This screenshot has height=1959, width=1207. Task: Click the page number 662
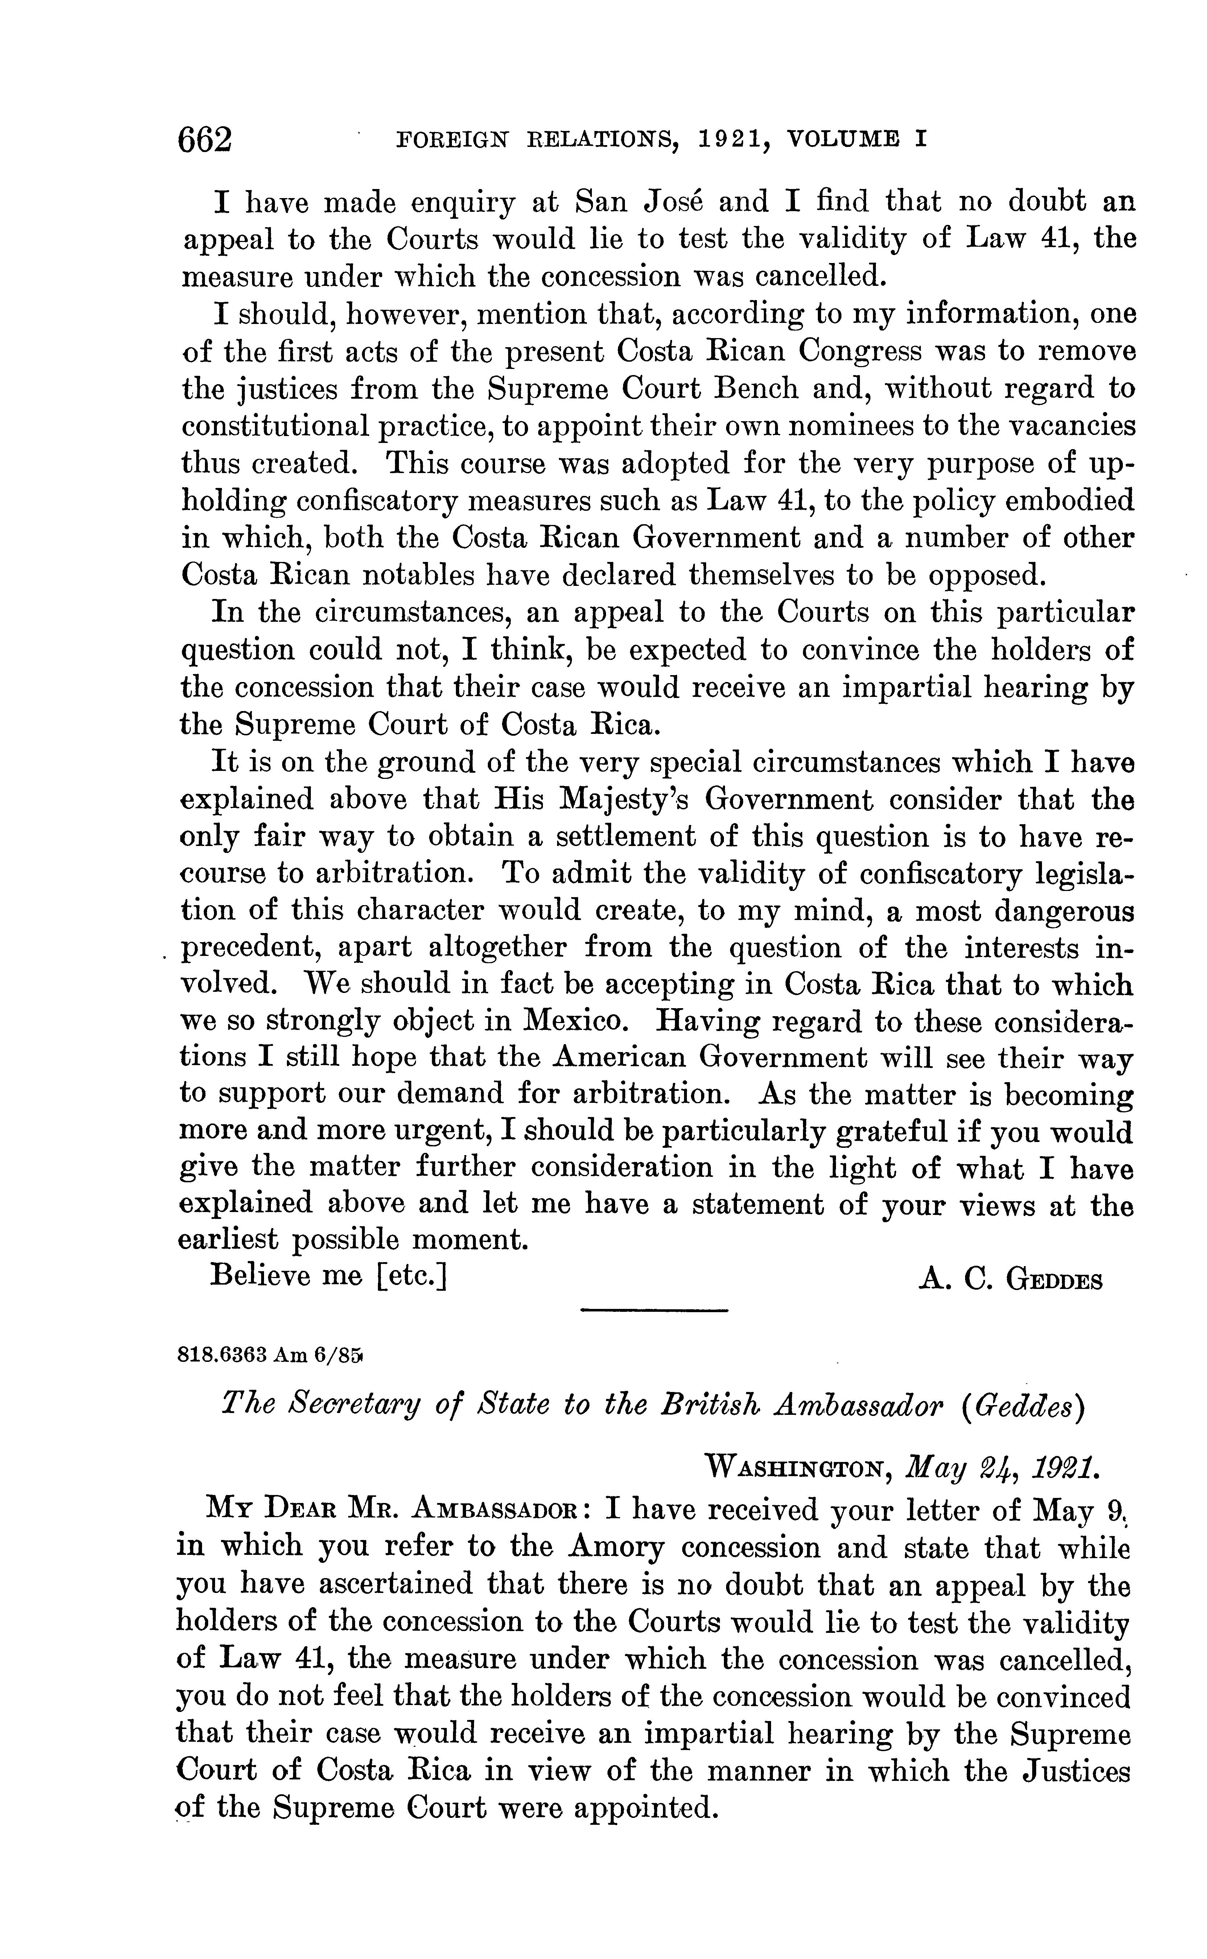click(206, 140)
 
